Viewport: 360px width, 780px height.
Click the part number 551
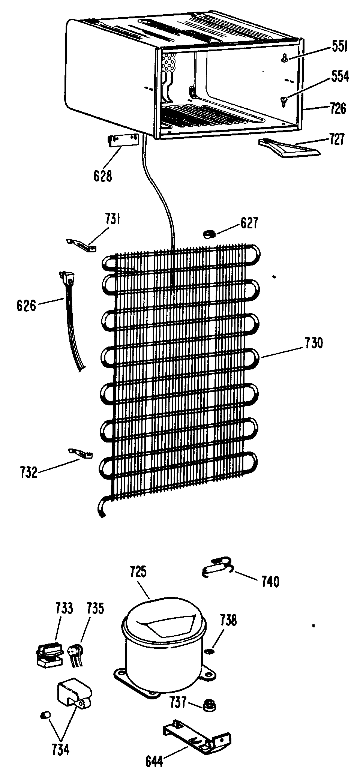[x=340, y=47]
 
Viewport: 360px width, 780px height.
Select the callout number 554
[x=340, y=76]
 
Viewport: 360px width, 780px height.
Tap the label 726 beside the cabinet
[x=338, y=109]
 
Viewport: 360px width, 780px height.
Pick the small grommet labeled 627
[x=208, y=235]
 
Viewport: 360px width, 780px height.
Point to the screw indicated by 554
[x=283, y=100]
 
